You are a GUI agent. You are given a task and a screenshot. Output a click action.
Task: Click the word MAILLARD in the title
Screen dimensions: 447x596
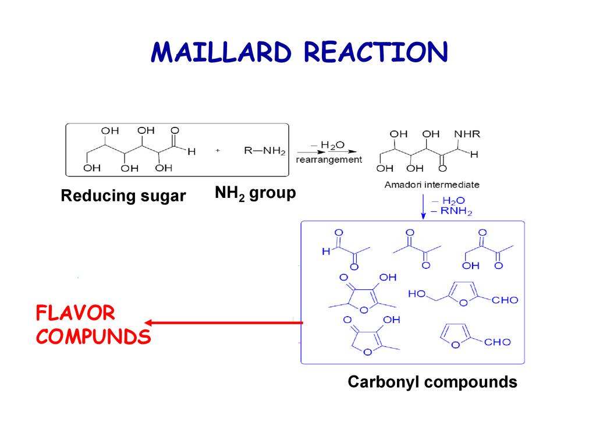(x=222, y=53)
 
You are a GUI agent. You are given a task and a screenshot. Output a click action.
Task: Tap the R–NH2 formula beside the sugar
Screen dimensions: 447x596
(x=264, y=151)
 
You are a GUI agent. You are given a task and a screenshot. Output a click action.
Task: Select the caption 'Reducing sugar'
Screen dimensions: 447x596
(x=123, y=197)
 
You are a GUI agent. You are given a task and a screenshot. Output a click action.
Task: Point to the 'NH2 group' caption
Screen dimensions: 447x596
(x=255, y=193)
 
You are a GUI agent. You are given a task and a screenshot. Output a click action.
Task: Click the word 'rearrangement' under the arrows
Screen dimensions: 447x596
(x=329, y=159)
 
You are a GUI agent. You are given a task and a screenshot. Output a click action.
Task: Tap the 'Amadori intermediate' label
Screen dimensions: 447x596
(x=432, y=185)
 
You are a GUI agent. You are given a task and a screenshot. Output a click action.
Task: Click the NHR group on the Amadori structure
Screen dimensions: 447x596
(x=467, y=134)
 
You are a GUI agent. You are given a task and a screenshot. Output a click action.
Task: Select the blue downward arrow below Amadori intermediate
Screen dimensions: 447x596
(x=423, y=206)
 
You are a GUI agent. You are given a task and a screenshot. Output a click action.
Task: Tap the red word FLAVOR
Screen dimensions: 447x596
(x=75, y=314)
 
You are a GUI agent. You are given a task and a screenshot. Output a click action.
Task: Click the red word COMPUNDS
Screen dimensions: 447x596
(x=93, y=336)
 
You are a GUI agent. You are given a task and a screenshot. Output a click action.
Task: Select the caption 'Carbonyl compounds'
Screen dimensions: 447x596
(x=432, y=382)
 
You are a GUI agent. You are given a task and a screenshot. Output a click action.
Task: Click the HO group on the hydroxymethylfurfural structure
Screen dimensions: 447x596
(x=417, y=295)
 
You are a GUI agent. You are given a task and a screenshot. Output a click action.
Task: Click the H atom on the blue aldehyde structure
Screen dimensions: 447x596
(x=326, y=252)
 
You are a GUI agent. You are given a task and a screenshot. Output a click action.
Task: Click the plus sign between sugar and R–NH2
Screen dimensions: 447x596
(x=218, y=151)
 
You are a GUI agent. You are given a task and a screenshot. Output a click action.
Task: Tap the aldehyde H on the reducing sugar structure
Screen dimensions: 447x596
(x=191, y=151)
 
